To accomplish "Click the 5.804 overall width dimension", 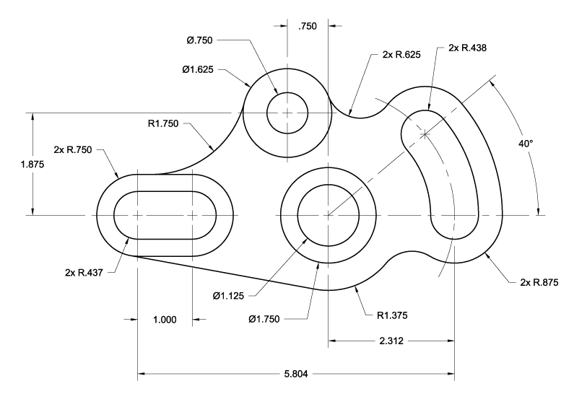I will click(x=296, y=375).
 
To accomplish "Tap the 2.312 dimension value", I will click(x=391, y=341).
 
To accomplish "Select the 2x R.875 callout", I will click(x=539, y=282).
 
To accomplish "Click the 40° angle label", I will click(x=526, y=144).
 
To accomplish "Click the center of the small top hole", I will click(x=287, y=113).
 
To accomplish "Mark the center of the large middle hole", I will click(x=329, y=215).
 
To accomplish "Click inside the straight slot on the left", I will click(x=165, y=215).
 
